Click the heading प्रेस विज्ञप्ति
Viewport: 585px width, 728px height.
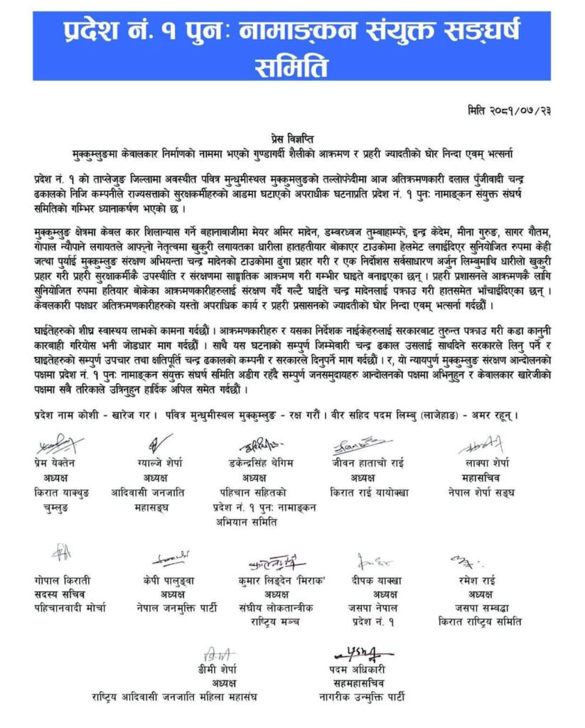click(x=291, y=140)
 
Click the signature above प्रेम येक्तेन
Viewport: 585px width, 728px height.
click(x=59, y=446)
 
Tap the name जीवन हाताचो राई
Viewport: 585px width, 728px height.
click(x=365, y=462)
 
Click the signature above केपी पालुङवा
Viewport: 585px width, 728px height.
click(x=168, y=560)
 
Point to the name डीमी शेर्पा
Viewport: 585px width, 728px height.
click(x=218, y=670)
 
